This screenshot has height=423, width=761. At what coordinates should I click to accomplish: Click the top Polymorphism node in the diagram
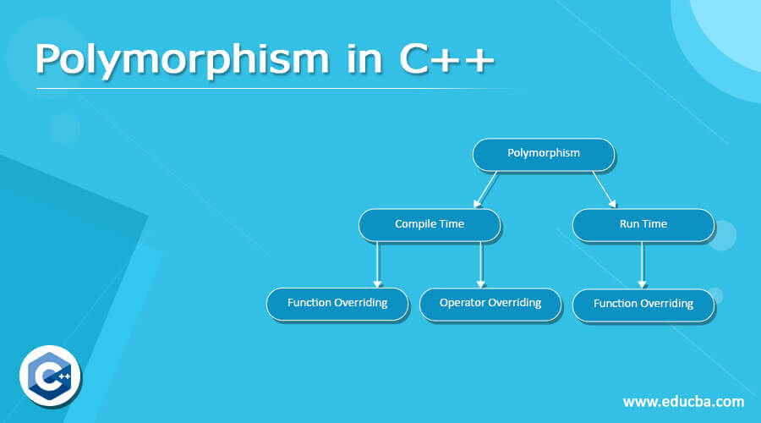click(x=544, y=153)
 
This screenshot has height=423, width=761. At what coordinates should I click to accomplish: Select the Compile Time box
click(x=430, y=224)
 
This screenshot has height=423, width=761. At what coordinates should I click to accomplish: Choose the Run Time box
click(x=643, y=224)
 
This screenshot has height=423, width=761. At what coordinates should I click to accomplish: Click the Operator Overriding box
click(x=490, y=303)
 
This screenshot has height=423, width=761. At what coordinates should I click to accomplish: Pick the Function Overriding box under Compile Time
click(x=337, y=303)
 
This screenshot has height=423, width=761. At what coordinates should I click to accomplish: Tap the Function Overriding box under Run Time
click(x=643, y=304)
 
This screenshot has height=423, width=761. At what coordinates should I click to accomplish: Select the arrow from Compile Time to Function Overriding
click(x=378, y=263)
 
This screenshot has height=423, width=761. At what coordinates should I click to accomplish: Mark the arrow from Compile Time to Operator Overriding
click(x=480, y=263)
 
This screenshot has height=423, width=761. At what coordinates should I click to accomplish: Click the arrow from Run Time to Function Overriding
click(x=642, y=263)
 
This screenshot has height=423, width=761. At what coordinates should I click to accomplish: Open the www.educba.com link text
click(x=683, y=401)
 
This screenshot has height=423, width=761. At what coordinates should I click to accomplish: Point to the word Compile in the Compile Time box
click(x=415, y=224)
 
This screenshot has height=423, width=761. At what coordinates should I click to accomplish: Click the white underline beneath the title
click(x=271, y=88)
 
